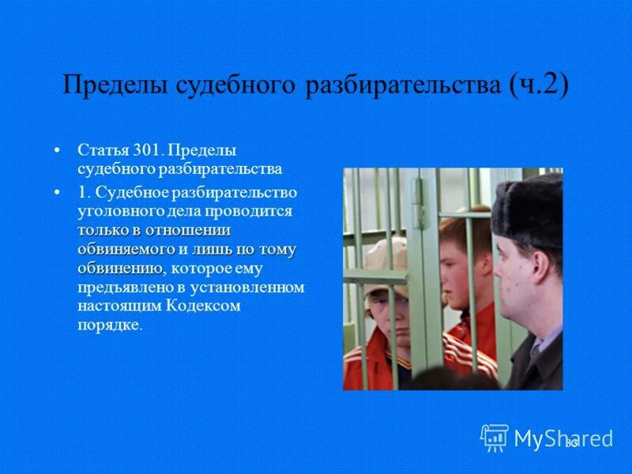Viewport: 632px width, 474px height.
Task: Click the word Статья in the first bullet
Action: (x=99, y=149)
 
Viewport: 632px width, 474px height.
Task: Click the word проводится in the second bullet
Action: (x=256, y=212)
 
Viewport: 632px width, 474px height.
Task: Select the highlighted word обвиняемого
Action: (x=126, y=249)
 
